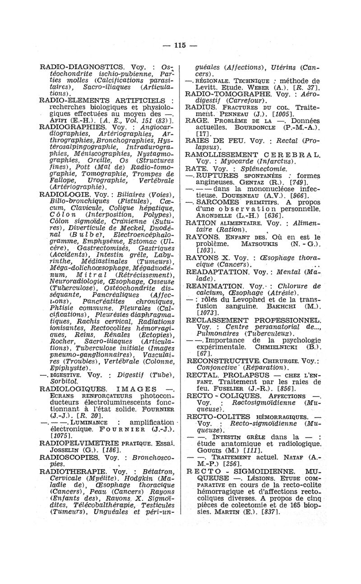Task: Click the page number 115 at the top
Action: pyautogui.click(x=180, y=45)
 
